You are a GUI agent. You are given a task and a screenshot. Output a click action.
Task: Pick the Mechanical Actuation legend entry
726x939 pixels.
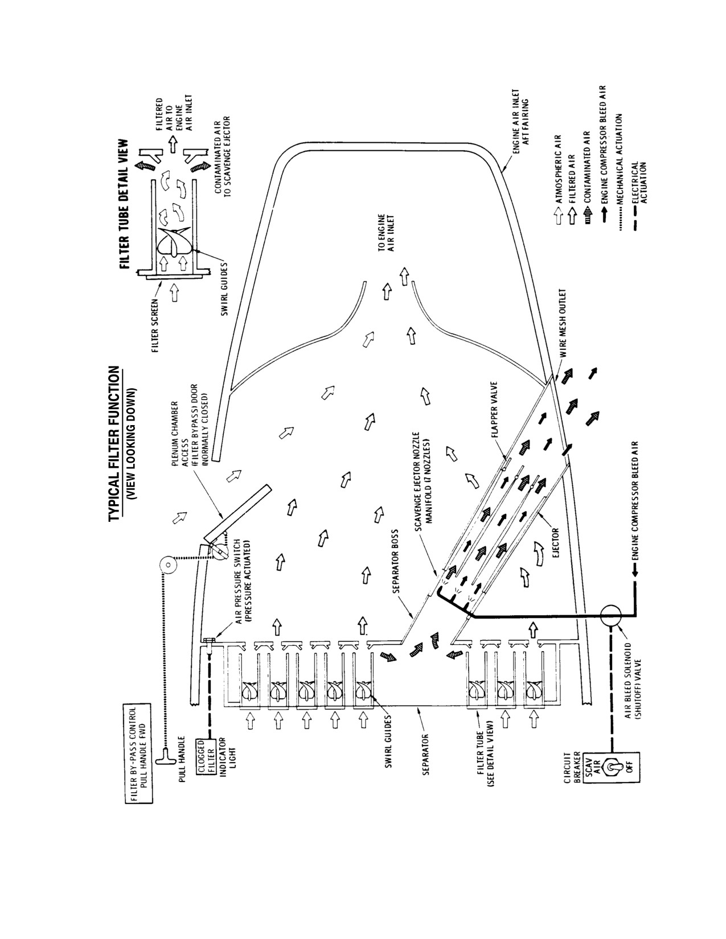pos(620,172)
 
